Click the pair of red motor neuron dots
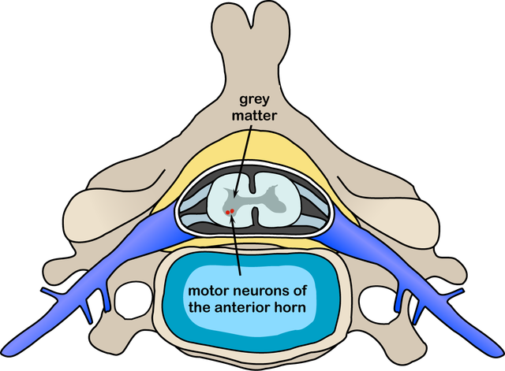(230, 212)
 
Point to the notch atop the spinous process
(252, 9)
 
